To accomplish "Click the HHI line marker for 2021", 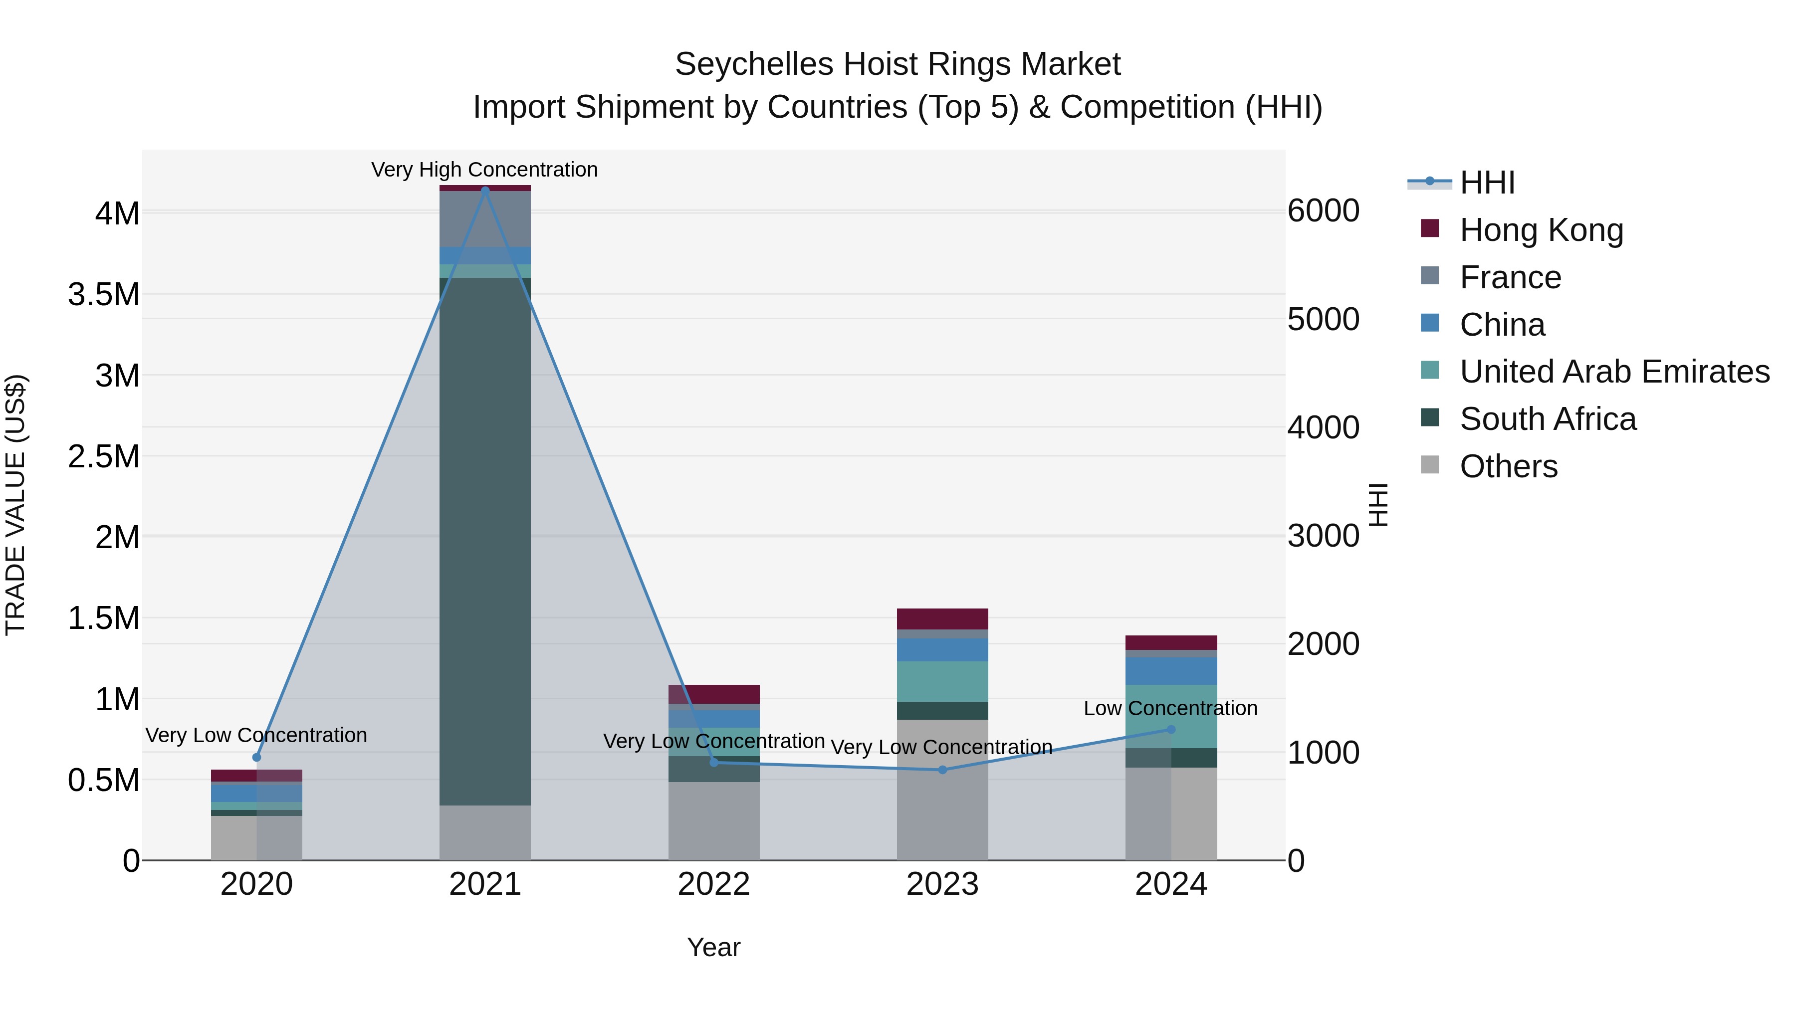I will click(485, 191).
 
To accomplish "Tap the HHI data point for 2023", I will click(942, 770).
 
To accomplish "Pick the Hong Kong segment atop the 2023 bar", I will click(942, 618).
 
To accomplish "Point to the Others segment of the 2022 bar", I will click(713, 820).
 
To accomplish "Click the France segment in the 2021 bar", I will click(485, 219).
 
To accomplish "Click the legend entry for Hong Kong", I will click(1541, 230).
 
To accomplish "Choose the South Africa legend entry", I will click(1547, 419).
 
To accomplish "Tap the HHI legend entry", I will click(1487, 183).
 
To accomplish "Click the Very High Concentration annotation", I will click(484, 170).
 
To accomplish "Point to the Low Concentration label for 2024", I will click(1170, 708).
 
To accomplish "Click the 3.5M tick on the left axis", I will click(104, 294).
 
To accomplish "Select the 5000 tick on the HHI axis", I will click(1323, 319).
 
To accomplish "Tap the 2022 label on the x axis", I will click(713, 884).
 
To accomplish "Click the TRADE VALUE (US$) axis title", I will click(15, 505).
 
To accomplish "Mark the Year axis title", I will click(713, 947).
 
